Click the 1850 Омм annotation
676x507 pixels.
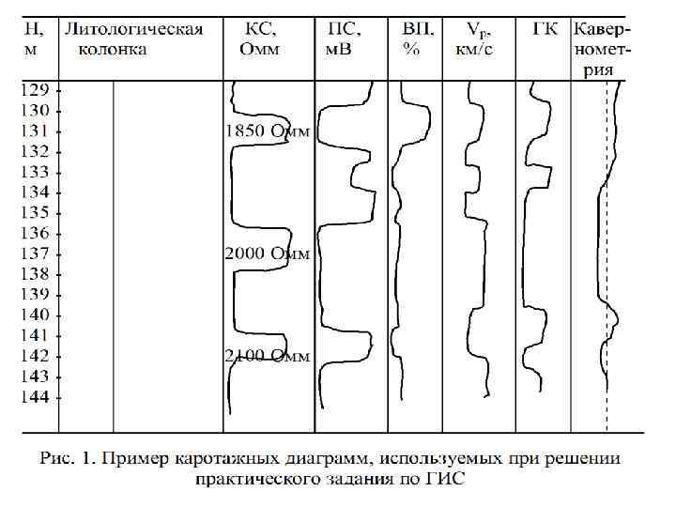[x=267, y=131]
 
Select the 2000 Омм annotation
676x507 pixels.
[x=267, y=254]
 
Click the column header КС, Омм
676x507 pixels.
[x=260, y=38]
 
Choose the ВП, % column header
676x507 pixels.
[x=414, y=38]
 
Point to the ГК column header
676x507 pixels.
[x=545, y=29]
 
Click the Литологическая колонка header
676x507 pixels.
[x=133, y=38]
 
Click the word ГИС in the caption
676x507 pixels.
[x=447, y=480]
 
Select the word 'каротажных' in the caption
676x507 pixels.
[x=220, y=461]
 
